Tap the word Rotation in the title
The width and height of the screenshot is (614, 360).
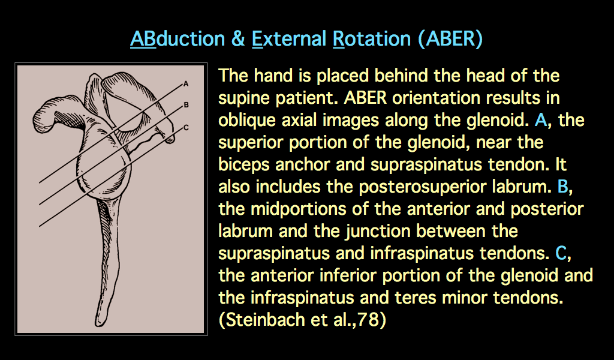click(x=373, y=39)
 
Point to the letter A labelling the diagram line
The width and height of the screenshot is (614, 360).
click(x=186, y=83)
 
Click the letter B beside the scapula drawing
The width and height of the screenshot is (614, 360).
click(x=186, y=104)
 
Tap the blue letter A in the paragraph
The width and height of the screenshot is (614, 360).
click(x=541, y=120)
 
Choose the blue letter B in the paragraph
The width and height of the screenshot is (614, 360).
click(x=562, y=187)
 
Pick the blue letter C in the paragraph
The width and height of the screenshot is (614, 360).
click(x=561, y=253)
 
